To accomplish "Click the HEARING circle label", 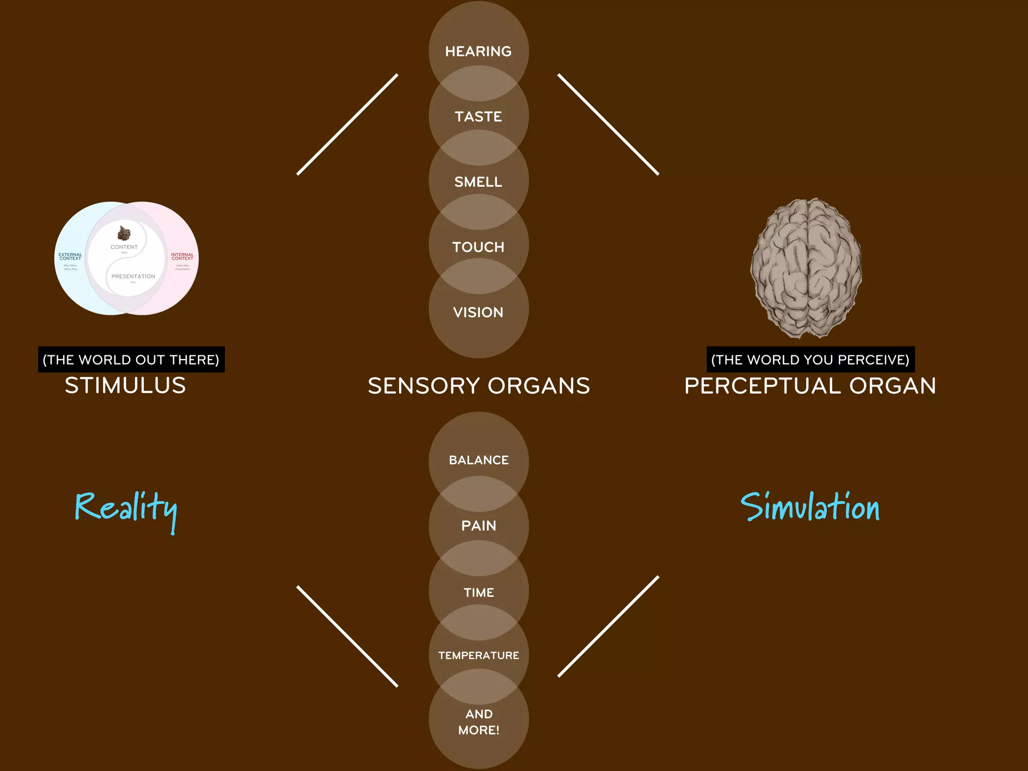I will [x=478, y=51].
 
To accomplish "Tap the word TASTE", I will [x=478, y=116].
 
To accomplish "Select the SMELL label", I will [x=478, y=182].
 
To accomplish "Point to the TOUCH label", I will [x=478, y=247].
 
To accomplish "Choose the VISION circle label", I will [x=478, y=312].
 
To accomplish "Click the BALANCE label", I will [x=478, y=460].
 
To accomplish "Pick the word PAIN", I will [x=478, y=526].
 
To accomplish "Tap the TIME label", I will [x=478, y=592].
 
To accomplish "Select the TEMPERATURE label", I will [x=478, y=655].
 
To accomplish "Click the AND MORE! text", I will [x=478, y=722].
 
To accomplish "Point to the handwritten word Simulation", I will [x=810, y=507].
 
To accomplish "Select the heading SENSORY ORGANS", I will [x=478, y=385].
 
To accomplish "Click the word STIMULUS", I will [x=125, y=385].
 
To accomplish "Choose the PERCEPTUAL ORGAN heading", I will [x=810, y=385].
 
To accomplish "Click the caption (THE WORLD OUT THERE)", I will [x=131, y=359].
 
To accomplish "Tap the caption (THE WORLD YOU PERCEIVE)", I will [x=810, y=359].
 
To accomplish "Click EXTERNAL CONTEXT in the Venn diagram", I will [x=70, y=256].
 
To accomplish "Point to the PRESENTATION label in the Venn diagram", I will [x=133, y=277].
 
